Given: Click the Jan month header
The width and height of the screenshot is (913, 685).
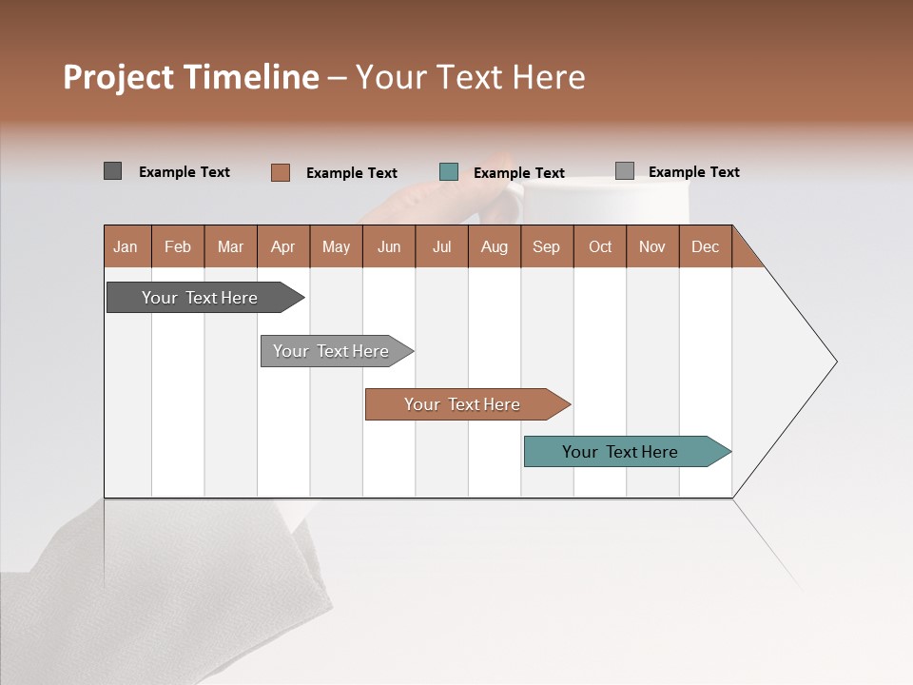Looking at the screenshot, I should pyautogui.click(x=126, y=246).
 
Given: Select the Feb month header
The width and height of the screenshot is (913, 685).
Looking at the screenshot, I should pyautogui.click(x=178, y=246).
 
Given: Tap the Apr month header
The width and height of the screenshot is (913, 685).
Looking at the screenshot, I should pyautogui.click(x=283, y=246).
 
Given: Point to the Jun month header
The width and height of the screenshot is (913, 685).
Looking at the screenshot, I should pyautogui.click(x=389, y=246).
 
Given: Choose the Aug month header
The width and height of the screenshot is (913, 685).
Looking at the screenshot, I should pyautogui.click(x=495, y=246).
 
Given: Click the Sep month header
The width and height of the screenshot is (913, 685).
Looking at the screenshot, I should pyautogui.click(x=547, y=246).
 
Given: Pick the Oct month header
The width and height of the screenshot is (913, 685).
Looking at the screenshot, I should pyautogui.click(x=600, y=246).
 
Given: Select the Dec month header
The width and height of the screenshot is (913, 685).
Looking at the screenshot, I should pyautogui.click(x=706, y=246).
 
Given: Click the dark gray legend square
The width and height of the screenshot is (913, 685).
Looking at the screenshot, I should pyautogui.click(x=112, y=171).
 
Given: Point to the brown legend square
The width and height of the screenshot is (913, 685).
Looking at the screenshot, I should pyautogui.click(x=280, y=172).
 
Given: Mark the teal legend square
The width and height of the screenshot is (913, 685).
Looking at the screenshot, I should pyautogui.click(x=449, y=172).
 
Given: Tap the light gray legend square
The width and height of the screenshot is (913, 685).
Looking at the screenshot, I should pyautogui.click(x=625, y=171).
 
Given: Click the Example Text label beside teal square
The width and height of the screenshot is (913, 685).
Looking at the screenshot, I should pyautogui.click(x=519, y=173).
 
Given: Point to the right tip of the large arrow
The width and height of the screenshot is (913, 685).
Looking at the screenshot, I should pyautogui.click(x=835, y=362).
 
